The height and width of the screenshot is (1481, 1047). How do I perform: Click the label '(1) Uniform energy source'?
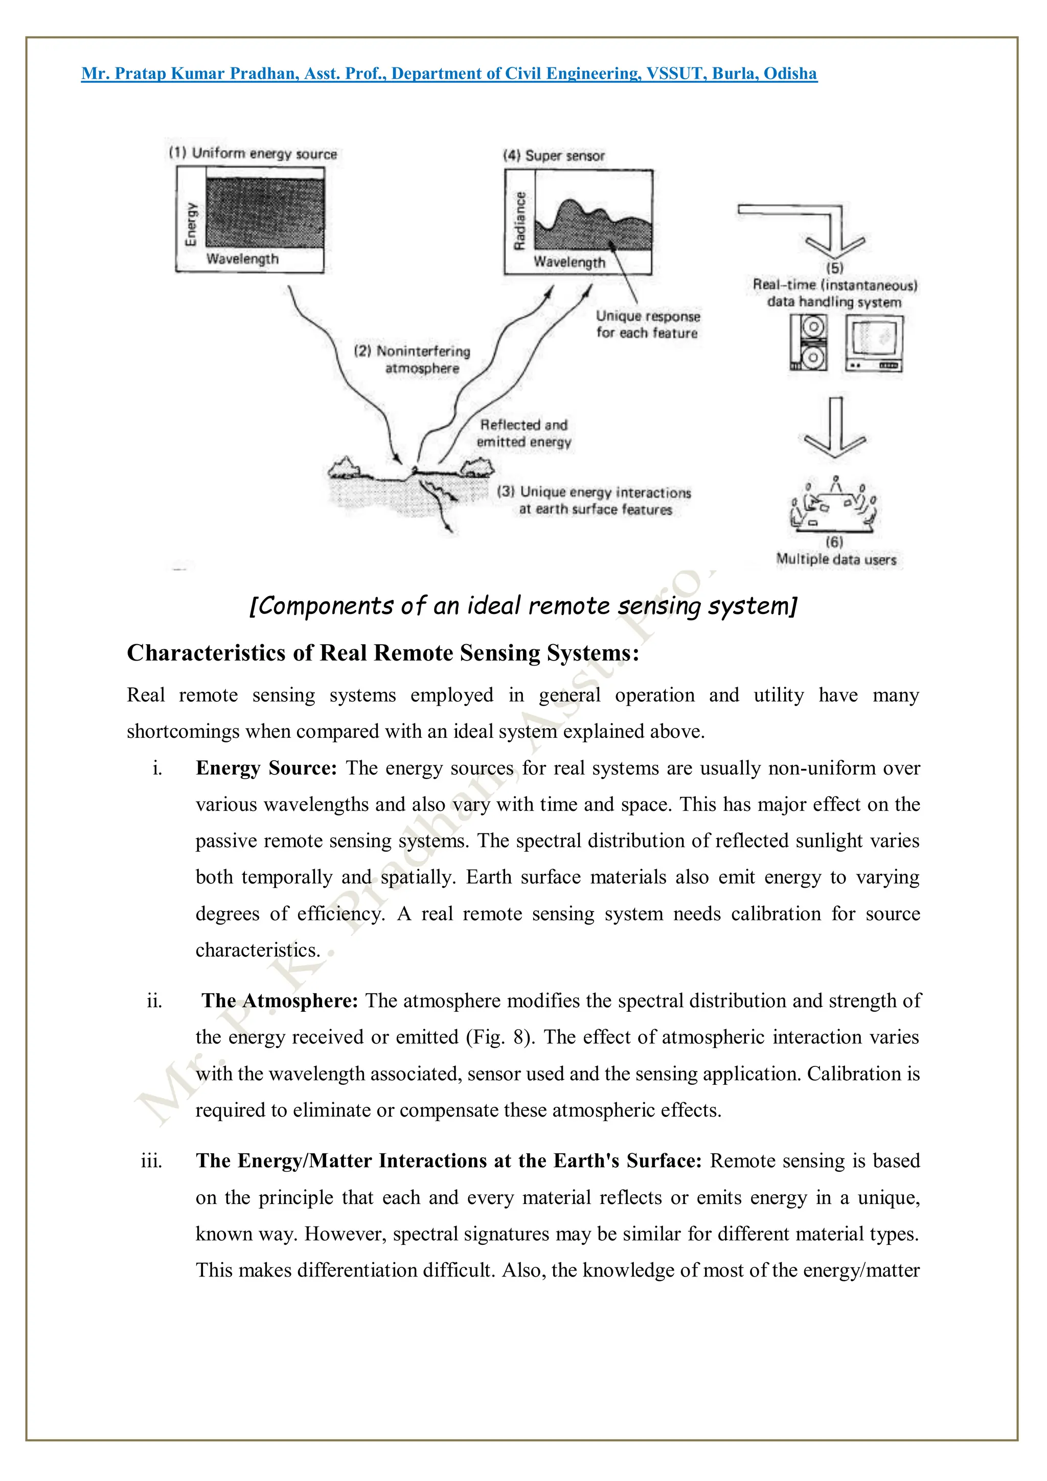pyautogui.click(x=253, y=153)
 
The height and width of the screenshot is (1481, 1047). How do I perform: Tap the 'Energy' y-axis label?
pyautogui.click(x=191, y=224)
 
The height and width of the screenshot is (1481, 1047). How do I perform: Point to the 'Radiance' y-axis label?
pyautogui.click(x=519, y=221)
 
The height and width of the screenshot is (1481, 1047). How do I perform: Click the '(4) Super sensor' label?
pyautogui.click(x=554, y=156)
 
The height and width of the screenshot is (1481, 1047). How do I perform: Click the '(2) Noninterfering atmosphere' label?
pyautogui.click(x=413, y=360)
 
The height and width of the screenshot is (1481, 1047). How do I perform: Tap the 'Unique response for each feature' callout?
pyautogui.click(x=647, y=325)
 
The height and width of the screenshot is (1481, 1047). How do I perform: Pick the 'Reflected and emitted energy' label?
pyautogui.click(x=524, y=434)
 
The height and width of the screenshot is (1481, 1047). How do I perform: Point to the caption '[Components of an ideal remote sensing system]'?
pyautogui.click(x=523, y=606)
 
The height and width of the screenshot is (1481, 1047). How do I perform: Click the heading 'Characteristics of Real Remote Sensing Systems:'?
pyautogui.click(x=382, y=653)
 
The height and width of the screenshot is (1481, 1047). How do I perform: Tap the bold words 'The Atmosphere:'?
pyautogui.click(x=279, y=1000)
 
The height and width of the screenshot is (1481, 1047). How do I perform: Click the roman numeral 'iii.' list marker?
pyautogui.click(x=152, y=1160)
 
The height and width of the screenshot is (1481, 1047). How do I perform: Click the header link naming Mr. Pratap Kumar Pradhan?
pyautogui.click(x=449, y=74)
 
